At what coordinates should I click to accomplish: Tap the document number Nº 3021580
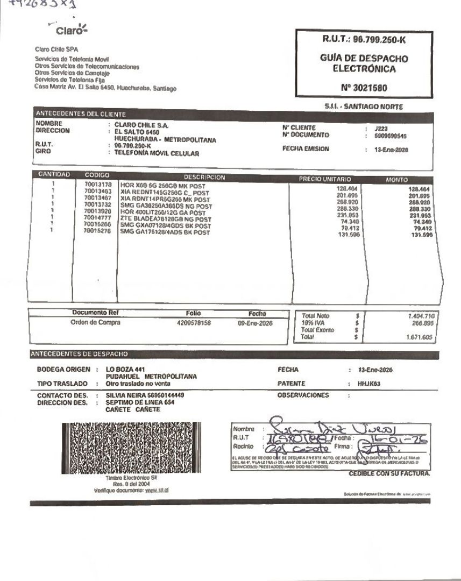tap(363, 87)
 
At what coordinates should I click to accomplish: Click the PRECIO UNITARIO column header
tap(324, 179)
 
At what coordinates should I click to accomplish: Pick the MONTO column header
tap(397, 179)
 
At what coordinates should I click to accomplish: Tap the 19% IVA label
tap(311, 322)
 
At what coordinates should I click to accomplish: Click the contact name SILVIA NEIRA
tap(127, 395)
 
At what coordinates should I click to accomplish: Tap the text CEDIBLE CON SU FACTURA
tap(389, 473)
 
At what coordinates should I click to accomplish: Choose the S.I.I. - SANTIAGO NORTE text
tap(364, 107)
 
